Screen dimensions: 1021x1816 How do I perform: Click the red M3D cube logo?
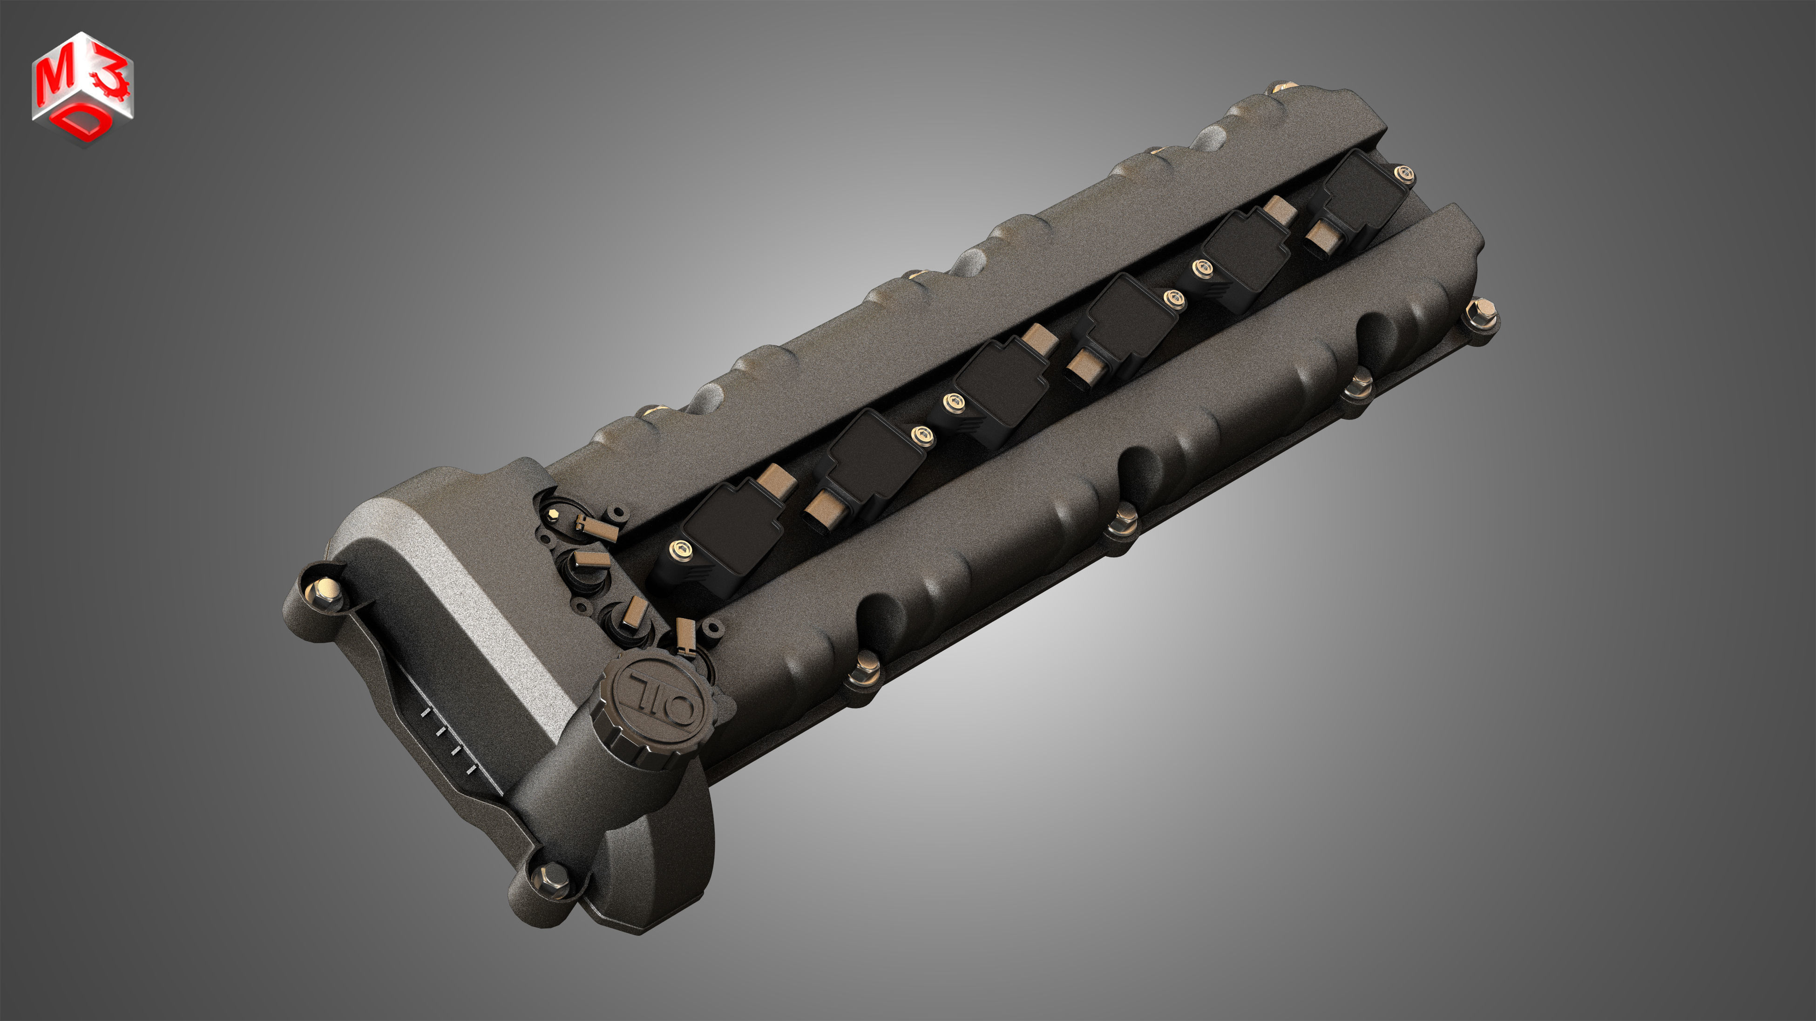coord(82,88)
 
